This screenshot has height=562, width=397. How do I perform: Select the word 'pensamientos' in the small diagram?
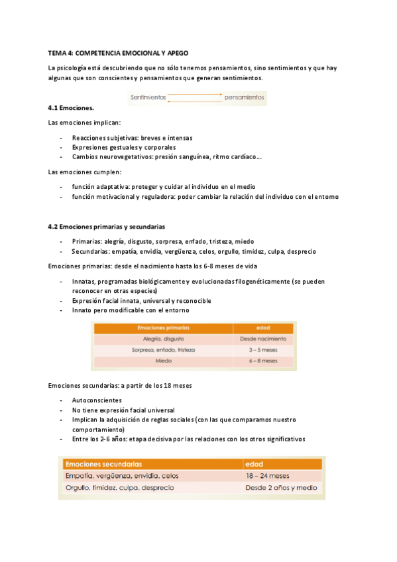coord(245,97)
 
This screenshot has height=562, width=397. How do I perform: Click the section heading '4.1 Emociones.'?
coord(71,107)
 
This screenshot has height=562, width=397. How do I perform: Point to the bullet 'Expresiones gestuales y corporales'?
coord(124,147)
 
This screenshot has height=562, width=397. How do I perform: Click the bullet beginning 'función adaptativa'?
coord(164,187)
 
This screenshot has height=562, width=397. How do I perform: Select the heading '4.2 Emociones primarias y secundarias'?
coord(107,227)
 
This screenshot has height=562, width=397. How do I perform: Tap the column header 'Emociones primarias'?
coord(162,327)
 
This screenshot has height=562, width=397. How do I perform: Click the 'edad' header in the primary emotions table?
coord(262,327)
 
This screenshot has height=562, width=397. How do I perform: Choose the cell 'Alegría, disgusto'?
coord(162,338)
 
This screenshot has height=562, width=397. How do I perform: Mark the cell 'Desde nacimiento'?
coord(262,338)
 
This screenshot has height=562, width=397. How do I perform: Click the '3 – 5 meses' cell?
coord(262,349)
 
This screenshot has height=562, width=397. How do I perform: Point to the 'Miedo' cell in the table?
coord(162,361)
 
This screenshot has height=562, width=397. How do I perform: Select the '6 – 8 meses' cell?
coord(262,361)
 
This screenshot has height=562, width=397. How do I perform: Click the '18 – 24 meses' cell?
coord(267,475)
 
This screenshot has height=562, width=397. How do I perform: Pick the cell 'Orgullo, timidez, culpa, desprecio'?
coord(120,488)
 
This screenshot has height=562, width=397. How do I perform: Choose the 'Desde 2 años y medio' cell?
coord(280,488)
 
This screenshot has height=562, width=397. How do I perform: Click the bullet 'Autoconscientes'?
coord(97,401)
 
